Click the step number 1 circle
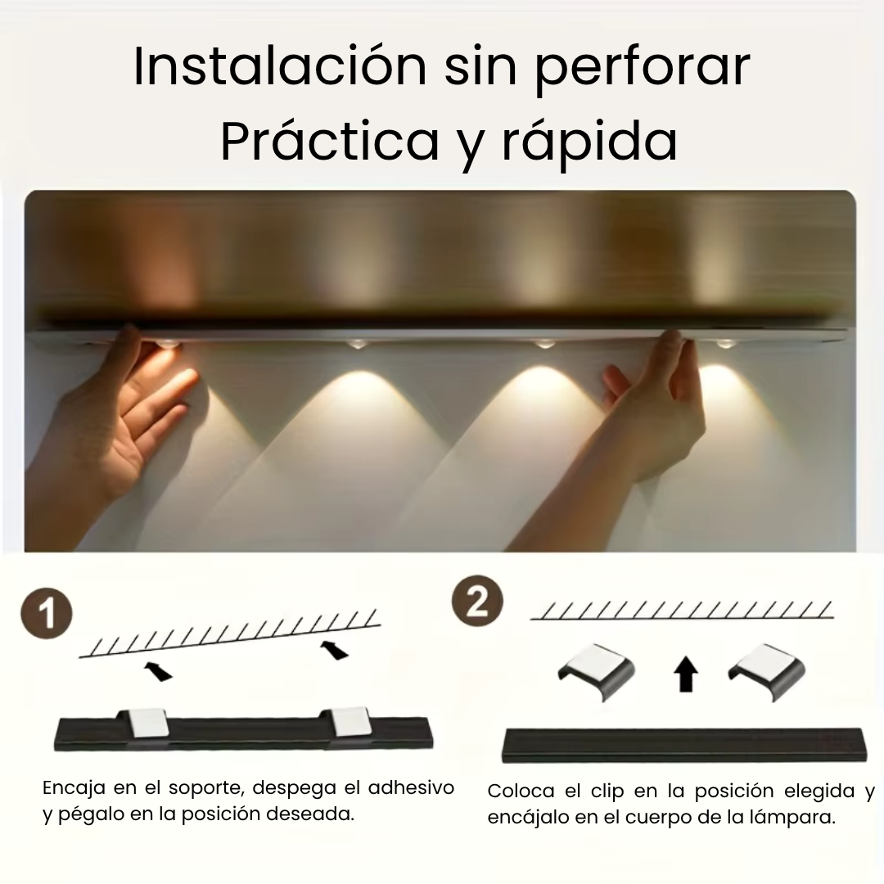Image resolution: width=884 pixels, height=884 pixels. (47, 613)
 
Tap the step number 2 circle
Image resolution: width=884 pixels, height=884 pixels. (477, 601)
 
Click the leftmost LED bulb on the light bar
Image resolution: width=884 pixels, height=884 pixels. (168, 343)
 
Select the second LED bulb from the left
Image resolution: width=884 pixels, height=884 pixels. (356, 343)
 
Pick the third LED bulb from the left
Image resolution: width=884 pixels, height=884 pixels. (544, 343)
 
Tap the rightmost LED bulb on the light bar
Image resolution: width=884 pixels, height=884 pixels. (725, 343)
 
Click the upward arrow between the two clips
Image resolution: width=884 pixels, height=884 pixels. (686, 673)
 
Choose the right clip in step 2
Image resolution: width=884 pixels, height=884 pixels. (767, 671)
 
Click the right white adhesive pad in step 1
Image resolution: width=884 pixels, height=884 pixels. (351, 722)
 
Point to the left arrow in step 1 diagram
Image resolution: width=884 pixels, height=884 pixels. (159, 671)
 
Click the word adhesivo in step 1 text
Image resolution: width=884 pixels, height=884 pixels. (411, 787)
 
